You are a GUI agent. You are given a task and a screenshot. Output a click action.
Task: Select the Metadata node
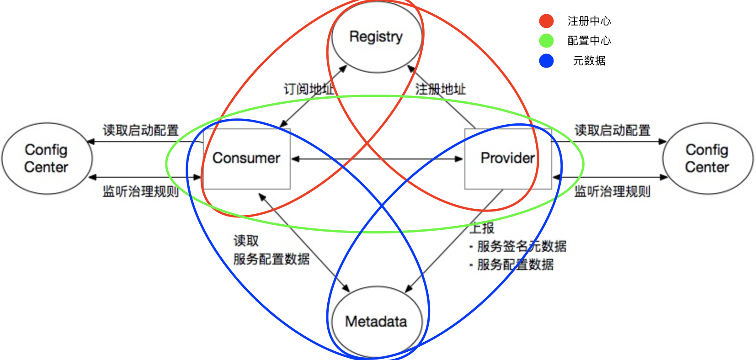click(376, 321)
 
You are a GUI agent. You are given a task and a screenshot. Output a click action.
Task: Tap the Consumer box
click(246, 158)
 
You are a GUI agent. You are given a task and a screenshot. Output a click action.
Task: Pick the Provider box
click(507, 158)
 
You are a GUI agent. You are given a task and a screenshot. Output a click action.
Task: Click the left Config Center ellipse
click(47, 158)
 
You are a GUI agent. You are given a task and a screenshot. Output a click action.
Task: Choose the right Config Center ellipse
click(707, 158)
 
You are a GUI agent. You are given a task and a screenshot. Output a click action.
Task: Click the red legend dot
click(546, 21)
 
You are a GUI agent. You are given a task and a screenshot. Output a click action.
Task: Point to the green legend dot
click(546, 41)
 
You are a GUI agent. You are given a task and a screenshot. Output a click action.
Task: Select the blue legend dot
click(546, 61)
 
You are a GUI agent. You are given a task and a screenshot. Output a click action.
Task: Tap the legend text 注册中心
click(589, 21)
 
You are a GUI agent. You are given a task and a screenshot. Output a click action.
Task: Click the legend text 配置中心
click(589, 41)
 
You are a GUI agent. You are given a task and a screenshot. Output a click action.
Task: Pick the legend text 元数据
click(589, 61)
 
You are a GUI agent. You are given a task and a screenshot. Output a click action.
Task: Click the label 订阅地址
click(309, 89)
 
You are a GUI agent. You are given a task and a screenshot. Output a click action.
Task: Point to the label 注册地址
click(440, 89)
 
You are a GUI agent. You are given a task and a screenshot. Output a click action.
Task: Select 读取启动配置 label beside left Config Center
click(140, 130)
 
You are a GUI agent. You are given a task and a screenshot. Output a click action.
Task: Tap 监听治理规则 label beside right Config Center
click(612, 191)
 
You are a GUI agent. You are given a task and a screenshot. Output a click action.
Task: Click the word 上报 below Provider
click(482, 228)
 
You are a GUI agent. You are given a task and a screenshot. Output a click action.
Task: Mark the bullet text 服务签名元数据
click(522, 246)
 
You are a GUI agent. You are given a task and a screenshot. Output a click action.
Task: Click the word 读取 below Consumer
click(246, 241)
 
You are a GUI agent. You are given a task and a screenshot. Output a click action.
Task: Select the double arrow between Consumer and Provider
click(377, 159)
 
